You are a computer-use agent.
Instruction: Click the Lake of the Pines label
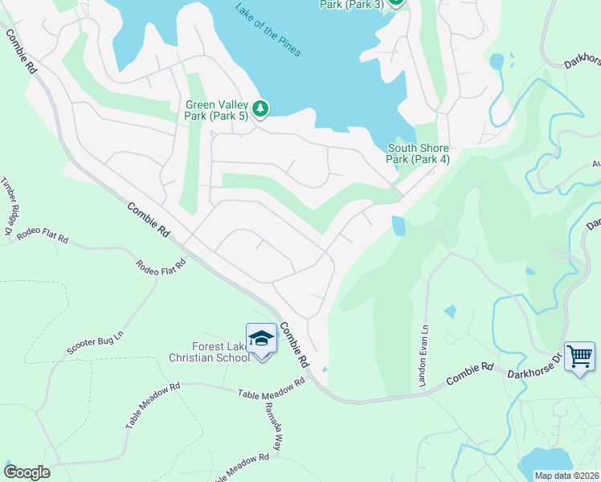(x=268, y=31)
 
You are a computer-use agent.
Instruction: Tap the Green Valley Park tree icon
(x=260, y=108)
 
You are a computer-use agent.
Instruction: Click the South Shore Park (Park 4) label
(x=418, y=153)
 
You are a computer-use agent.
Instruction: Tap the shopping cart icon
(x=579, y=355)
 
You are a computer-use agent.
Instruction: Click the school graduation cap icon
(x=261, y=339)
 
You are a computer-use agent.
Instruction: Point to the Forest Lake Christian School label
(x=209, y=352)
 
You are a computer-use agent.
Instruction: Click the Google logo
(x=27, y=472)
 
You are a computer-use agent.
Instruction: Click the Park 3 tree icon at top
(x=395, y=2)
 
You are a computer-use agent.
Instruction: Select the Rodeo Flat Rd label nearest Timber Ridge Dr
(x=43, y=235)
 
